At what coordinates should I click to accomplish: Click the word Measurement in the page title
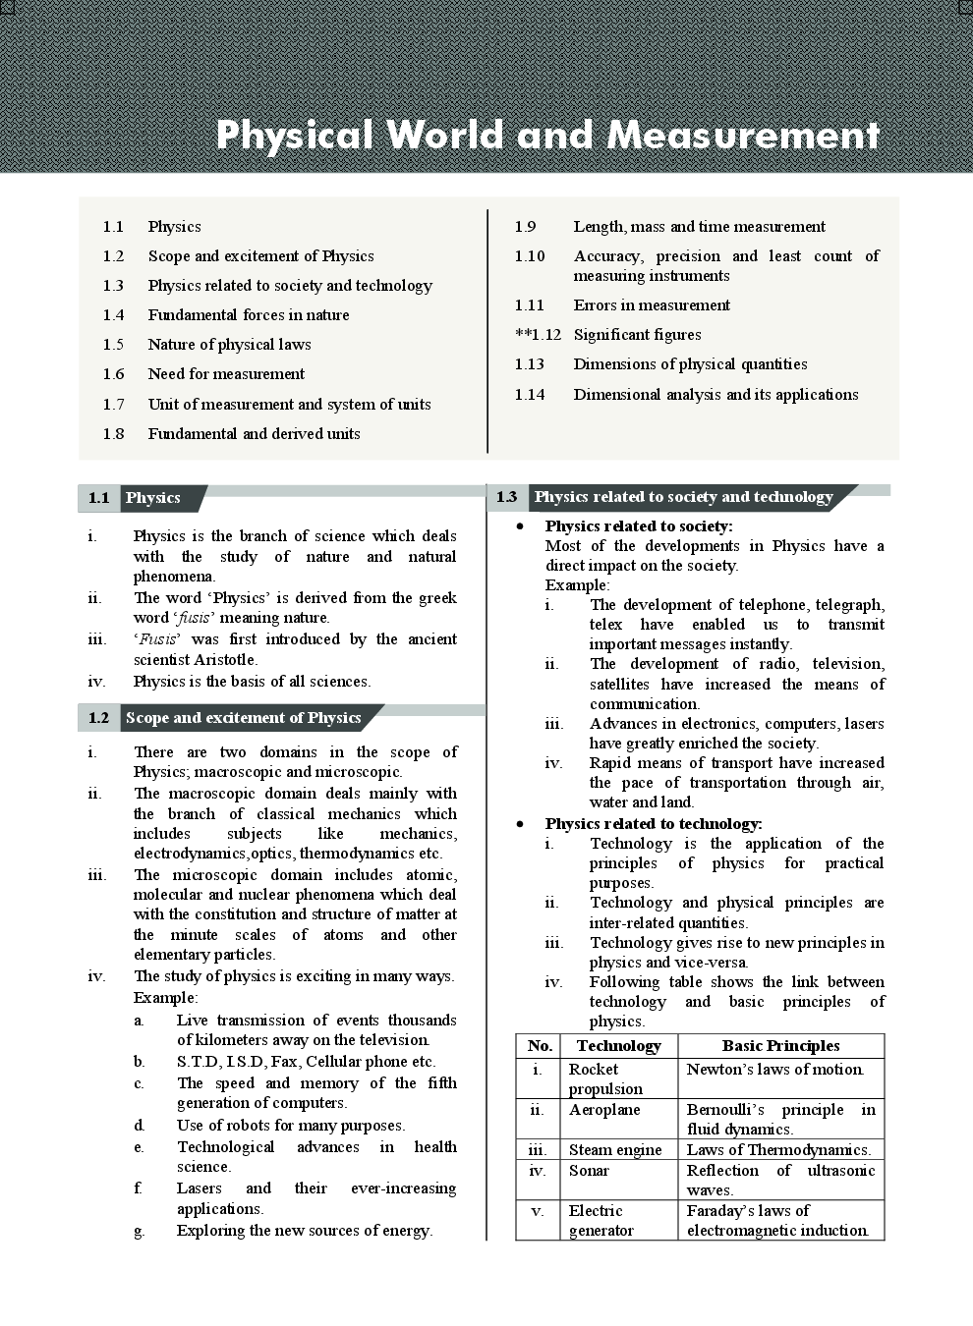743,136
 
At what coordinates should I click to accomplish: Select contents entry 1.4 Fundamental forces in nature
249,315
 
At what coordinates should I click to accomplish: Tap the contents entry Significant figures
637,335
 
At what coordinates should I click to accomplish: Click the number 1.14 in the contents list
529,395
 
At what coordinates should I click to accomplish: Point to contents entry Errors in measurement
651,305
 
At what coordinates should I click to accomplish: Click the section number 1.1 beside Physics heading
98,498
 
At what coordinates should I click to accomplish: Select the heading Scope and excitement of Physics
243,718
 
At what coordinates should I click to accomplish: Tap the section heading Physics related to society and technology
683,497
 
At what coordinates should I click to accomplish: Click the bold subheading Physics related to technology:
653,824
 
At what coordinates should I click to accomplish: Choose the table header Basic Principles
780,1046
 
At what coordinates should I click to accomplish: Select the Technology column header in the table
618,1046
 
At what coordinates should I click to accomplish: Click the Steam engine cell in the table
614,1150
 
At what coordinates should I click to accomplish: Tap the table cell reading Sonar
589,1171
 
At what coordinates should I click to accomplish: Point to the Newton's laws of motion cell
774,1070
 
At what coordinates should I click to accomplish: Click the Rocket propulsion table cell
605,1078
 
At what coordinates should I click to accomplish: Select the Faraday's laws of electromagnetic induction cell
777,1220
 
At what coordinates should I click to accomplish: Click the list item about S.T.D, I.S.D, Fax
306,1062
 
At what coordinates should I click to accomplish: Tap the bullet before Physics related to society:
521,527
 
